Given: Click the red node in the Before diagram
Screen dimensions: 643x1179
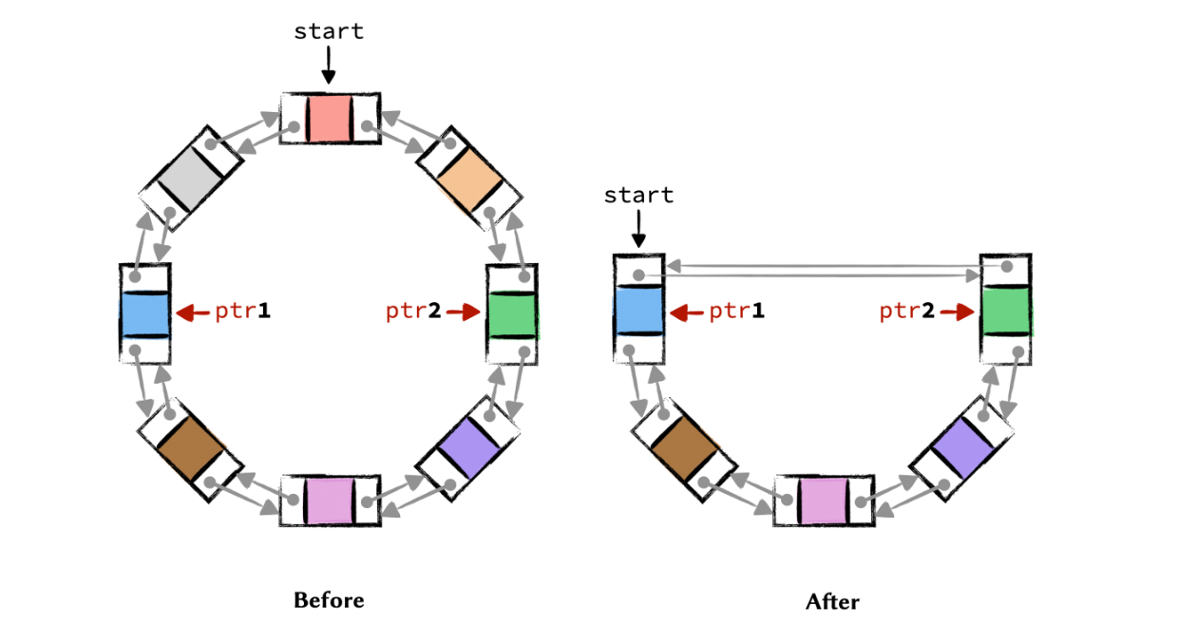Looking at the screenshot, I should (x=330, y=118).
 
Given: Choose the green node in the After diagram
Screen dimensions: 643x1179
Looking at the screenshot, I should (x=1006, y=310).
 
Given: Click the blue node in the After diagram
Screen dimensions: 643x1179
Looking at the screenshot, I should (x=638, y=310).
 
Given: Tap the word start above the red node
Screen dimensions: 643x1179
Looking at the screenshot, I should (x=329, y=30).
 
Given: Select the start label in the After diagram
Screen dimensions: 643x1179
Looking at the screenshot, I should (x=638, y=196).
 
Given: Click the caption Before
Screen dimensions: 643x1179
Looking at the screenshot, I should (x=329, y=600).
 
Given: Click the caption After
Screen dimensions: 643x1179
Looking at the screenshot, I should (x=832, y=601).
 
